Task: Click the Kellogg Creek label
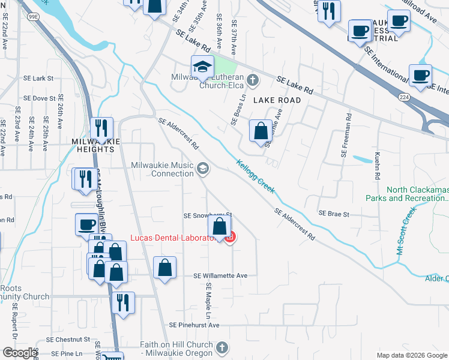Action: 255,176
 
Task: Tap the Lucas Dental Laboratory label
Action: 174,238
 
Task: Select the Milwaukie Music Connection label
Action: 162,169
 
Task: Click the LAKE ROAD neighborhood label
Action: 277,100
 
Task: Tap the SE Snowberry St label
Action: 207,215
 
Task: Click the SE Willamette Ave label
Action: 220,275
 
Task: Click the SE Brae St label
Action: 333,213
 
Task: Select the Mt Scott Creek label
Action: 406,231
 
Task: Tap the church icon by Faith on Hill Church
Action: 222,347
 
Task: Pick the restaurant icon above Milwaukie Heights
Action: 101,128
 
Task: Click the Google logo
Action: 20,353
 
